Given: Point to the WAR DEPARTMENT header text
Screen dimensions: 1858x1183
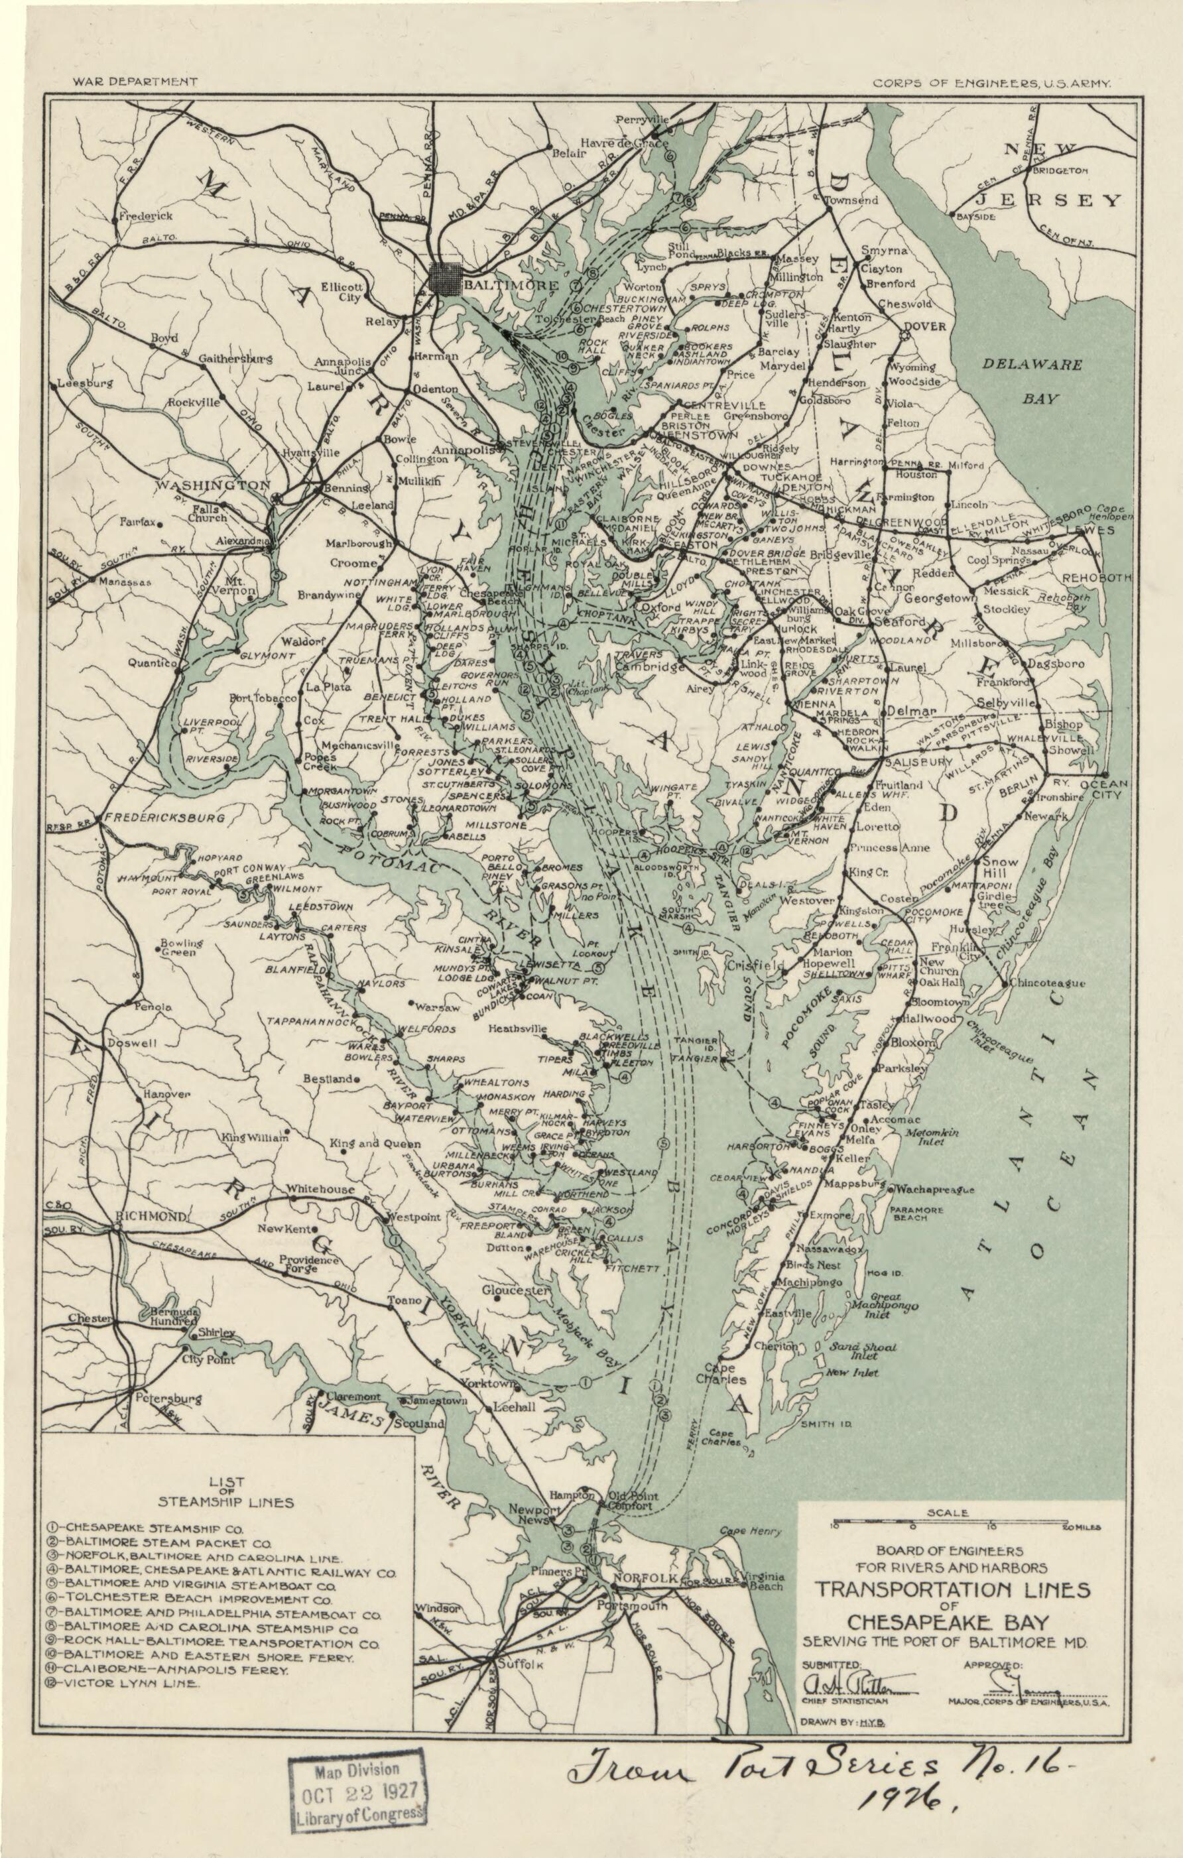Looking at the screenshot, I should click(x=135, y=81).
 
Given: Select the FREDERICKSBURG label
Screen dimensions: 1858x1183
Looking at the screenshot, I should click(x=164, y=816).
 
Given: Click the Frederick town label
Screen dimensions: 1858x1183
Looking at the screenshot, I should click(x=145, y=216).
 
